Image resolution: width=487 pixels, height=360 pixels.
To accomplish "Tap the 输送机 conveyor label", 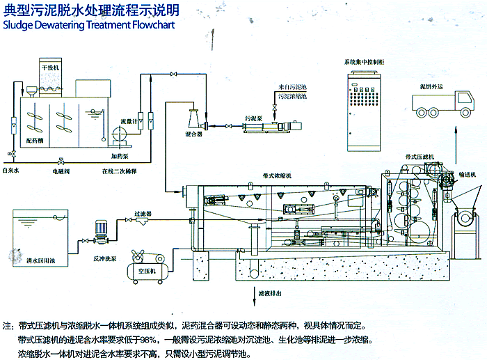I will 465,175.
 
